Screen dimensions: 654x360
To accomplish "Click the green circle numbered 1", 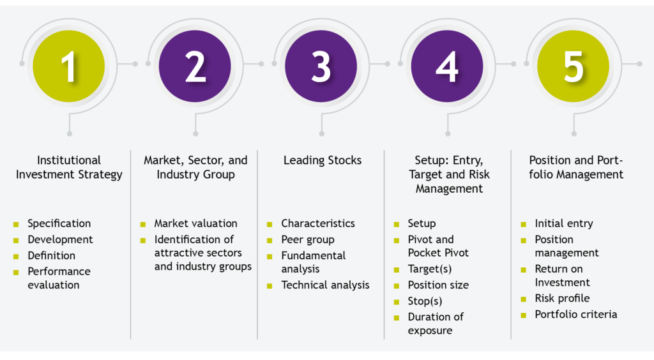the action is pos(69,66).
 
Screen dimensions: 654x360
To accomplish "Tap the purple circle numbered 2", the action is pos(195,66).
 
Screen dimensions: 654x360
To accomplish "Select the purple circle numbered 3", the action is pos(321,66).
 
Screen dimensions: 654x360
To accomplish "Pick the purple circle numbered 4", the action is pos(447,66).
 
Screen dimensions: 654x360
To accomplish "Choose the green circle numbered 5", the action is pos(573,66).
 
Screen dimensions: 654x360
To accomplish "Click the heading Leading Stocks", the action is pos(323,160).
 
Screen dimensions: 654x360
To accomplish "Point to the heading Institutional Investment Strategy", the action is pos(69,167).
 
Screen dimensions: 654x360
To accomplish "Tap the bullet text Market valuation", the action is pos(195,223).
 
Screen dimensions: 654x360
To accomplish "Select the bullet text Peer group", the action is pos(308,240).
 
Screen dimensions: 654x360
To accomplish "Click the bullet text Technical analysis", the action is pos(325,285).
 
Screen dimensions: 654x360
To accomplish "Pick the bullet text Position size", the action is pos(438,285).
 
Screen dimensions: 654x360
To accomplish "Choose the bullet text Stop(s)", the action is pos(425,301).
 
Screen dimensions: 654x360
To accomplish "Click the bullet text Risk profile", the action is pos(562,298).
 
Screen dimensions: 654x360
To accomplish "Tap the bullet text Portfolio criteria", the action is pos(576,315).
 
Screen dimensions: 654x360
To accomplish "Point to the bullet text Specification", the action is pos(59,224).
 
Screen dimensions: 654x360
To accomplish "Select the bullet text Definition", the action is pos(52,255).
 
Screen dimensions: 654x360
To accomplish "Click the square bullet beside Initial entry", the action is pos(524,225).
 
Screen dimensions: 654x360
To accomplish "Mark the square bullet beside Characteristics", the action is pos(270,225).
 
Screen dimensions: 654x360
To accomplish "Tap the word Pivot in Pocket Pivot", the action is pos(456,253).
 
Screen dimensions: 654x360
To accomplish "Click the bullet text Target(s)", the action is pos(430,269).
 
